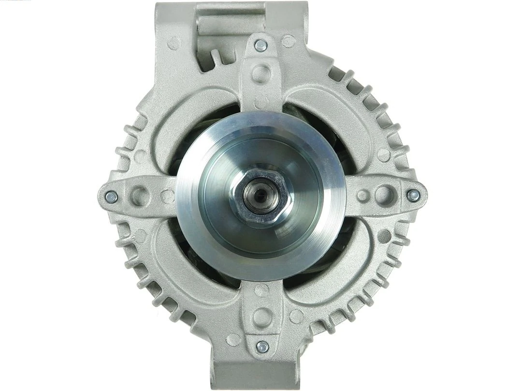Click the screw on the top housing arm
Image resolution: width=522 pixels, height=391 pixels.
click(x=261, y=45)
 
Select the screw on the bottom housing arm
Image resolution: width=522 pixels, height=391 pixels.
click(x=262, y=347)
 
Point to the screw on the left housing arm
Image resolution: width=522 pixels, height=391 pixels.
click(x=111, y=196)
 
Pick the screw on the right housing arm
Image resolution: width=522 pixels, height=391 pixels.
click(x=413, y=195)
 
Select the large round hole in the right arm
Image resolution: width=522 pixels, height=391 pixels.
click(x=384, y=195)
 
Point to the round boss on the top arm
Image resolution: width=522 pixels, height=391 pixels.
click(x=261, y=74)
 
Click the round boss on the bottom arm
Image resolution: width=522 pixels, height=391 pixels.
click(x=262, y=317)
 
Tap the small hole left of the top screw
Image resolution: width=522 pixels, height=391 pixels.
click(x=174, y=43)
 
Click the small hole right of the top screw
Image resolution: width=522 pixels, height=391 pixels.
click(x=288, y=42)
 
